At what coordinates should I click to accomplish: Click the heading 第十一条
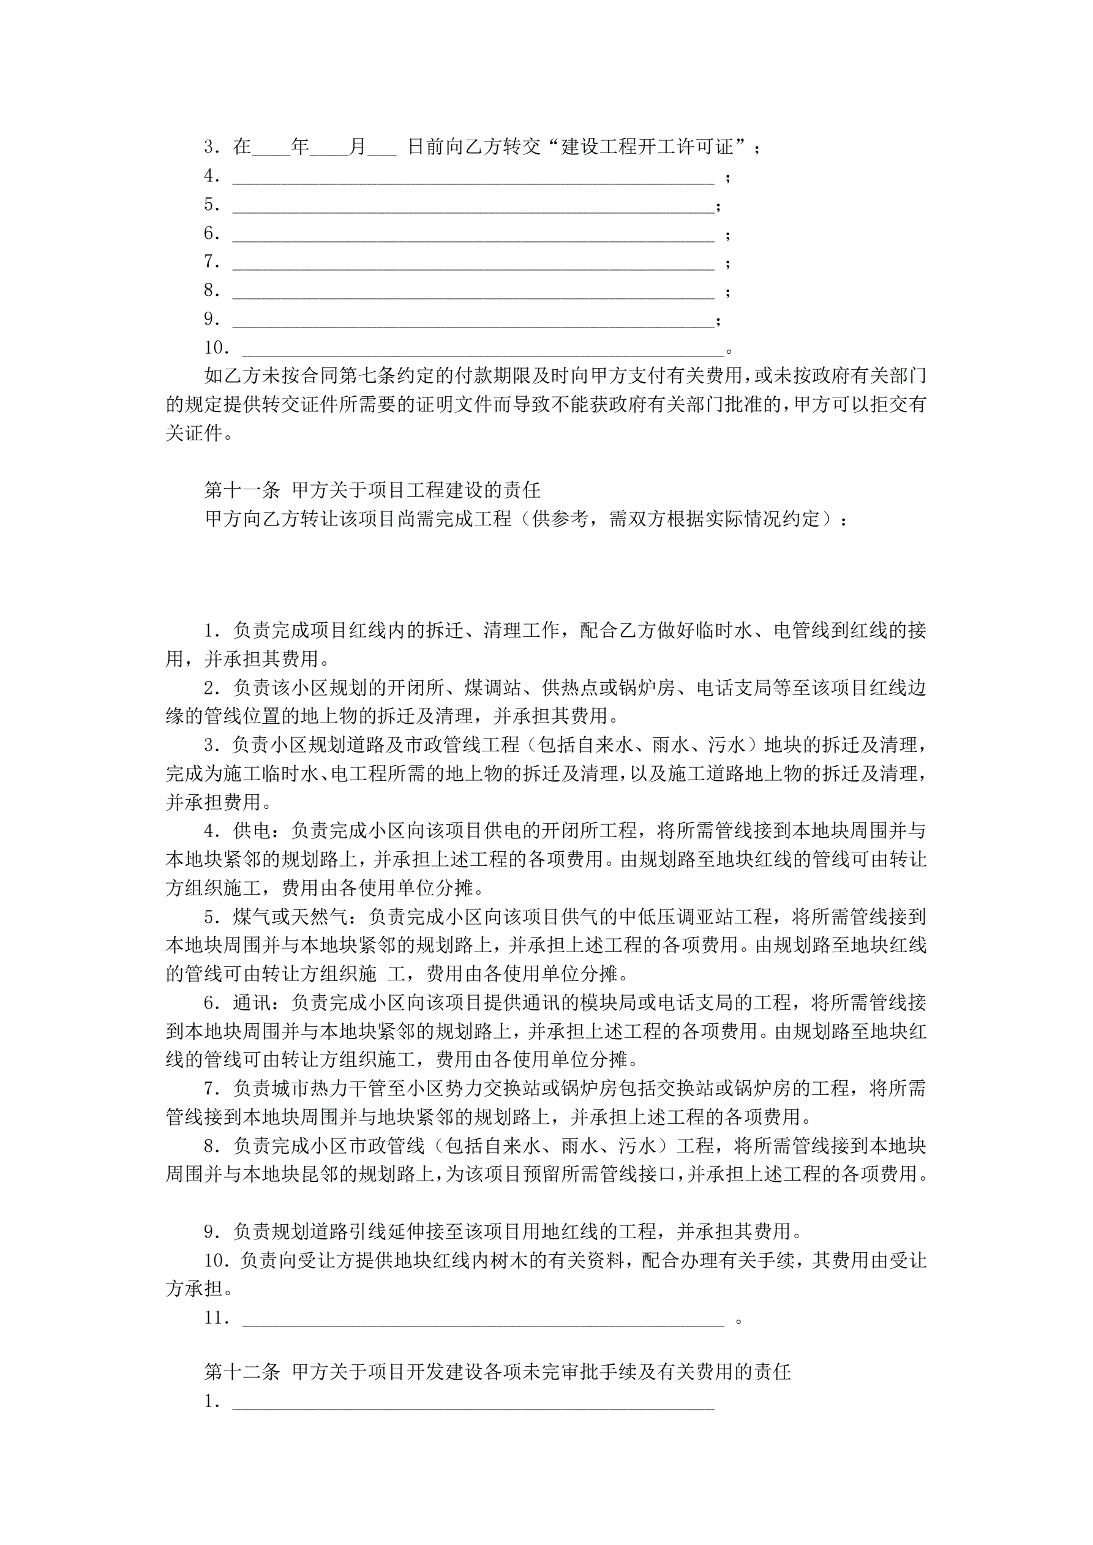click(x=242, y=490)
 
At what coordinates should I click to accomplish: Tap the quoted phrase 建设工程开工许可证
click(x=647, y=147)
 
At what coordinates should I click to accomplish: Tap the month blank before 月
click(x=329, y=148)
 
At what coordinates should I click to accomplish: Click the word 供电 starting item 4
click(x=252, y=831)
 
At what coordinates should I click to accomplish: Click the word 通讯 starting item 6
click(x=252, y=1002)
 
